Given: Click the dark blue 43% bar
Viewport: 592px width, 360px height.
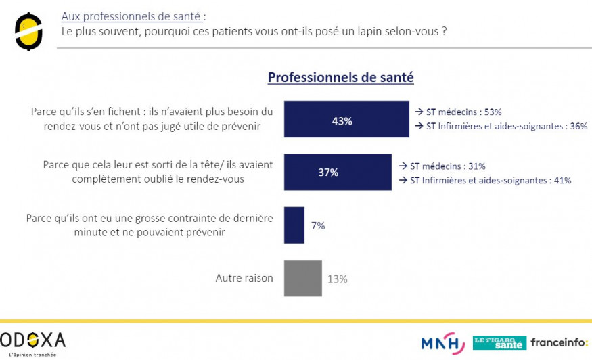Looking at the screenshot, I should point(346,119).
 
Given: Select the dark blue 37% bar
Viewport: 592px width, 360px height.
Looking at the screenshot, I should point(337,172).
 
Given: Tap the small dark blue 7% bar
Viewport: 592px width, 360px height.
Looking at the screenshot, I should point(294,225).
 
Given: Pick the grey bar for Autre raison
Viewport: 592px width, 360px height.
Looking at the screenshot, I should point(302,278).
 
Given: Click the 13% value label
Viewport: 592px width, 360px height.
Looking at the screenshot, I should point(338,279).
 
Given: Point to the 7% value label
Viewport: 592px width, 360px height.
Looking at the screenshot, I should point(318,225).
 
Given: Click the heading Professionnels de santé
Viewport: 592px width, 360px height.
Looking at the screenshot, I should point(340,77).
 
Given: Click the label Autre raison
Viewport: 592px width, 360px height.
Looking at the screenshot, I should point(244,278).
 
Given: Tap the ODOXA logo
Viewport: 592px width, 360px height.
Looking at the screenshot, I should point(33,340).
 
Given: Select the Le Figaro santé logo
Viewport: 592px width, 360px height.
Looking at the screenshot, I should point(499,342).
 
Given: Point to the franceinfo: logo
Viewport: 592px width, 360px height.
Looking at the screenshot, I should point(559,342).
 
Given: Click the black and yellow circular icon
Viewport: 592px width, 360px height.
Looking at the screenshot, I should point(28,30).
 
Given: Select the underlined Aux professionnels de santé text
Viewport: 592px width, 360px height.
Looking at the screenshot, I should point(131,16).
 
